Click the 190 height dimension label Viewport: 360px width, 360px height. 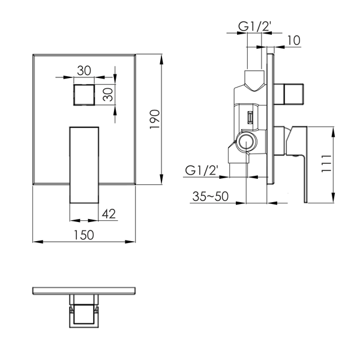click(x=155, y=119)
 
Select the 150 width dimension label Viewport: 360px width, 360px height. click(x=84, y=235)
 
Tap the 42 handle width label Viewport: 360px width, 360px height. click(x=109, y=214)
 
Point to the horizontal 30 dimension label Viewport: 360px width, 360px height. click(x=84, y=70)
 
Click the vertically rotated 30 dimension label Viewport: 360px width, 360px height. click(x=108, y=95)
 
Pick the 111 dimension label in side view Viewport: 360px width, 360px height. click(x=326, y=163)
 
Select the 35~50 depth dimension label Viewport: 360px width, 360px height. click(x=211, y=196)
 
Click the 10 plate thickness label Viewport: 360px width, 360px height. click(x=293, y=40)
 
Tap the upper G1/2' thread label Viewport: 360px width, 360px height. click(x=255, y=26)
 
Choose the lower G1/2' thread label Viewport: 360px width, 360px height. click(x=201, y=170)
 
